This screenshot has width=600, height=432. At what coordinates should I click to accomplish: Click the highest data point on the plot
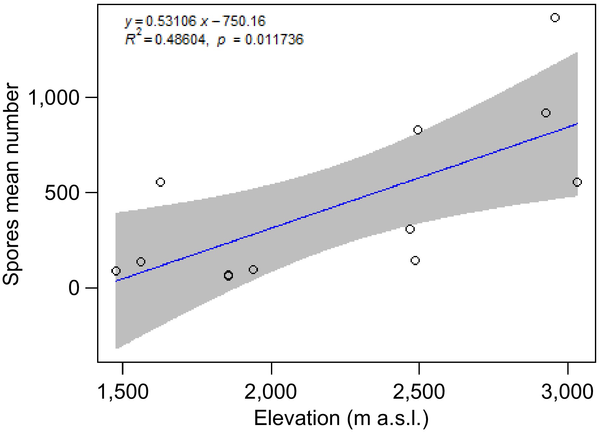[555, 18]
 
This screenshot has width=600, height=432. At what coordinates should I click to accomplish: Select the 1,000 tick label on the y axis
[54, 97]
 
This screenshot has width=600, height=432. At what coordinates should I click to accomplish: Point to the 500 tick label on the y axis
[62, 193]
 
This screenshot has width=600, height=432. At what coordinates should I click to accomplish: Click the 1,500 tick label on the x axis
[123, 392]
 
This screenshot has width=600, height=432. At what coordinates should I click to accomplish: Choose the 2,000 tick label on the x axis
[271, 392]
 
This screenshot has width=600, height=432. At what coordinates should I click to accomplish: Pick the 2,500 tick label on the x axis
[419, 392]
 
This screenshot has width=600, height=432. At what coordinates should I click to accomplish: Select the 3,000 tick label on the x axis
[567, 392]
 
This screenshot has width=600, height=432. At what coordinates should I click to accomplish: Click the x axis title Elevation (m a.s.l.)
[341, 418]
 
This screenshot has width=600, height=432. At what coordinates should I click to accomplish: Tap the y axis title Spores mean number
[11, 184]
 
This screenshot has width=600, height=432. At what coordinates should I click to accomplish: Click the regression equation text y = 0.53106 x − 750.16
[195, 21]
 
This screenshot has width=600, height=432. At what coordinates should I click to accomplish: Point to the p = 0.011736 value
[260, 40]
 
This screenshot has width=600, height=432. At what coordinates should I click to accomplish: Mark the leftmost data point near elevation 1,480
[116, 271]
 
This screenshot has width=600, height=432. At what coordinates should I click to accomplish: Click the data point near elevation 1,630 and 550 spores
[161, 182]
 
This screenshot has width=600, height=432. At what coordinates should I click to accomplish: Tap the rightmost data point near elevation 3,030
[577, 182]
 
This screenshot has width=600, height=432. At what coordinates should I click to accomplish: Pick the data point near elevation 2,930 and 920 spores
[546, 113]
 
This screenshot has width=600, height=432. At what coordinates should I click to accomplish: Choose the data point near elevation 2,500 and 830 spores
[418, 130]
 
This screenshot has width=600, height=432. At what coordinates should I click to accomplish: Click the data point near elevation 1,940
[253, 270]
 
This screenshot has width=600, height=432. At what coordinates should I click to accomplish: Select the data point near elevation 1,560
[141, 262]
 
